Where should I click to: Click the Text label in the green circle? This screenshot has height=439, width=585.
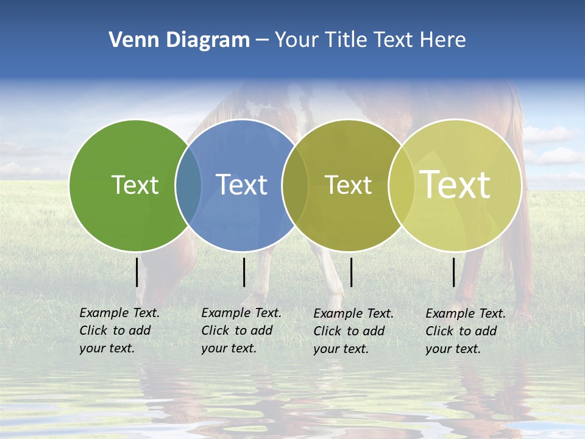135,185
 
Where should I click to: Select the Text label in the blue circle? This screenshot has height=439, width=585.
241,185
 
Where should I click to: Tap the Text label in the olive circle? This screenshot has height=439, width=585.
348,185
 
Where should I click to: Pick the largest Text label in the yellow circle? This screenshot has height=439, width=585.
455,184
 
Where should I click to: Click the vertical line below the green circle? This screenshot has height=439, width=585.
137,272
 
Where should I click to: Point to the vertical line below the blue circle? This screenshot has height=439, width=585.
244,272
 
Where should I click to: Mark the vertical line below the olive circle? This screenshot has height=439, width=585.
351,272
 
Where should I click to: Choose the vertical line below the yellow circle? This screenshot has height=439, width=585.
454,272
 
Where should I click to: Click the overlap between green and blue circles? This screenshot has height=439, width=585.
188,185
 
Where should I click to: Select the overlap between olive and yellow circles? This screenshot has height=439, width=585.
401,185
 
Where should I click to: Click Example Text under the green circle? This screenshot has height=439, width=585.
119,313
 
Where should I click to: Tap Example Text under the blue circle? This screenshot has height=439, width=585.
241,313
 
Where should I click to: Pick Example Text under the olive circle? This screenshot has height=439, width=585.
353,313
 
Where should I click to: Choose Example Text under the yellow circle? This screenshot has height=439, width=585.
466,313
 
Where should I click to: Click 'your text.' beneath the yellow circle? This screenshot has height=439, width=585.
453,349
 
